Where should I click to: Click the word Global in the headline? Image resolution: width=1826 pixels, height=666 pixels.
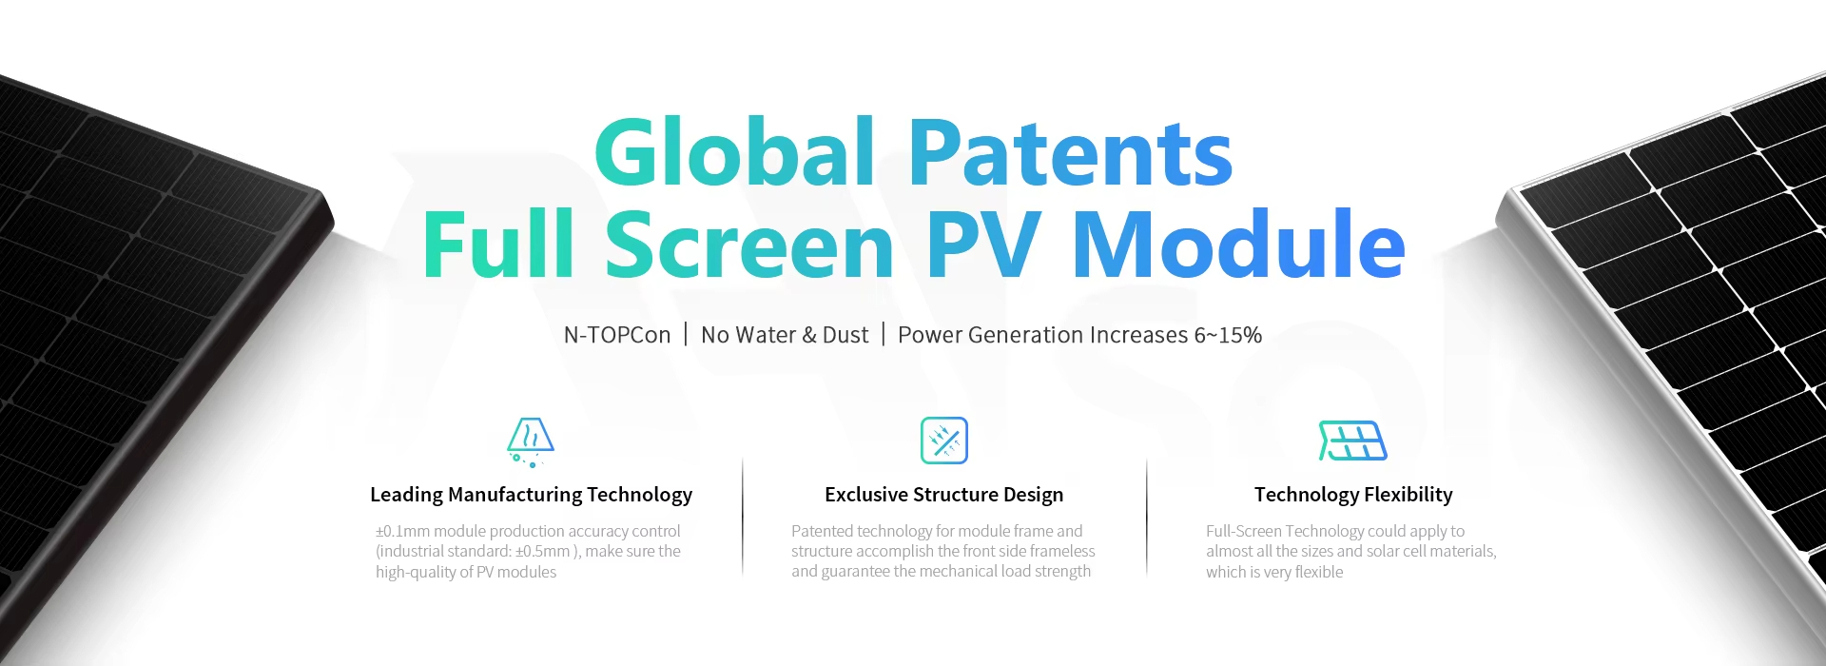pyautogui.click(x=734, y=152)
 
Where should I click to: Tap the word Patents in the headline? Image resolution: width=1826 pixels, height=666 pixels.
pyautogui.click(x=1071, y=152)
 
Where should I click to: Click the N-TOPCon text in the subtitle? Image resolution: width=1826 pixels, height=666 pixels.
pyautogui.click(x=617, y=335)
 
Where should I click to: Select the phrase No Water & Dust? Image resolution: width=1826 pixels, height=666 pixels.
pyautogui.click(x=785, y=335)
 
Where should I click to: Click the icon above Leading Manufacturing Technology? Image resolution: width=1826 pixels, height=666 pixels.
pyautogui.click(x=531, y=441)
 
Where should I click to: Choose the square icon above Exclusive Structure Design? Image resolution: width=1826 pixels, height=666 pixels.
pyautogui.click(x=944, y=441)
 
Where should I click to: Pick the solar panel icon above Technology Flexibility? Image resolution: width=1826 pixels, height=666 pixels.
pyautogui.click(x=1352, y=441)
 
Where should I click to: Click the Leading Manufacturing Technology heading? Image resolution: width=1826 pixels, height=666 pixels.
pyautogui.click(x=531, y=495)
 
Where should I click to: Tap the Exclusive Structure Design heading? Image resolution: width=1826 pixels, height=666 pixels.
pyautogui.click(x=943, y=495)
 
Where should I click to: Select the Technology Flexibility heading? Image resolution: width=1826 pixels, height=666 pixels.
pyautogui.click(x=1353, y=495)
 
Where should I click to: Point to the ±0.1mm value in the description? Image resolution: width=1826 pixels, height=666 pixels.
pyautogui.click(x=403, y=531)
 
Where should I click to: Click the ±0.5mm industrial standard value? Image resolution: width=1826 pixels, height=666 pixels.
pyautogui.click(x=543, y=552)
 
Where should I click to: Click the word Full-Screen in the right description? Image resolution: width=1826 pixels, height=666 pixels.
pyautogui.click(x=1243, y=531)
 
